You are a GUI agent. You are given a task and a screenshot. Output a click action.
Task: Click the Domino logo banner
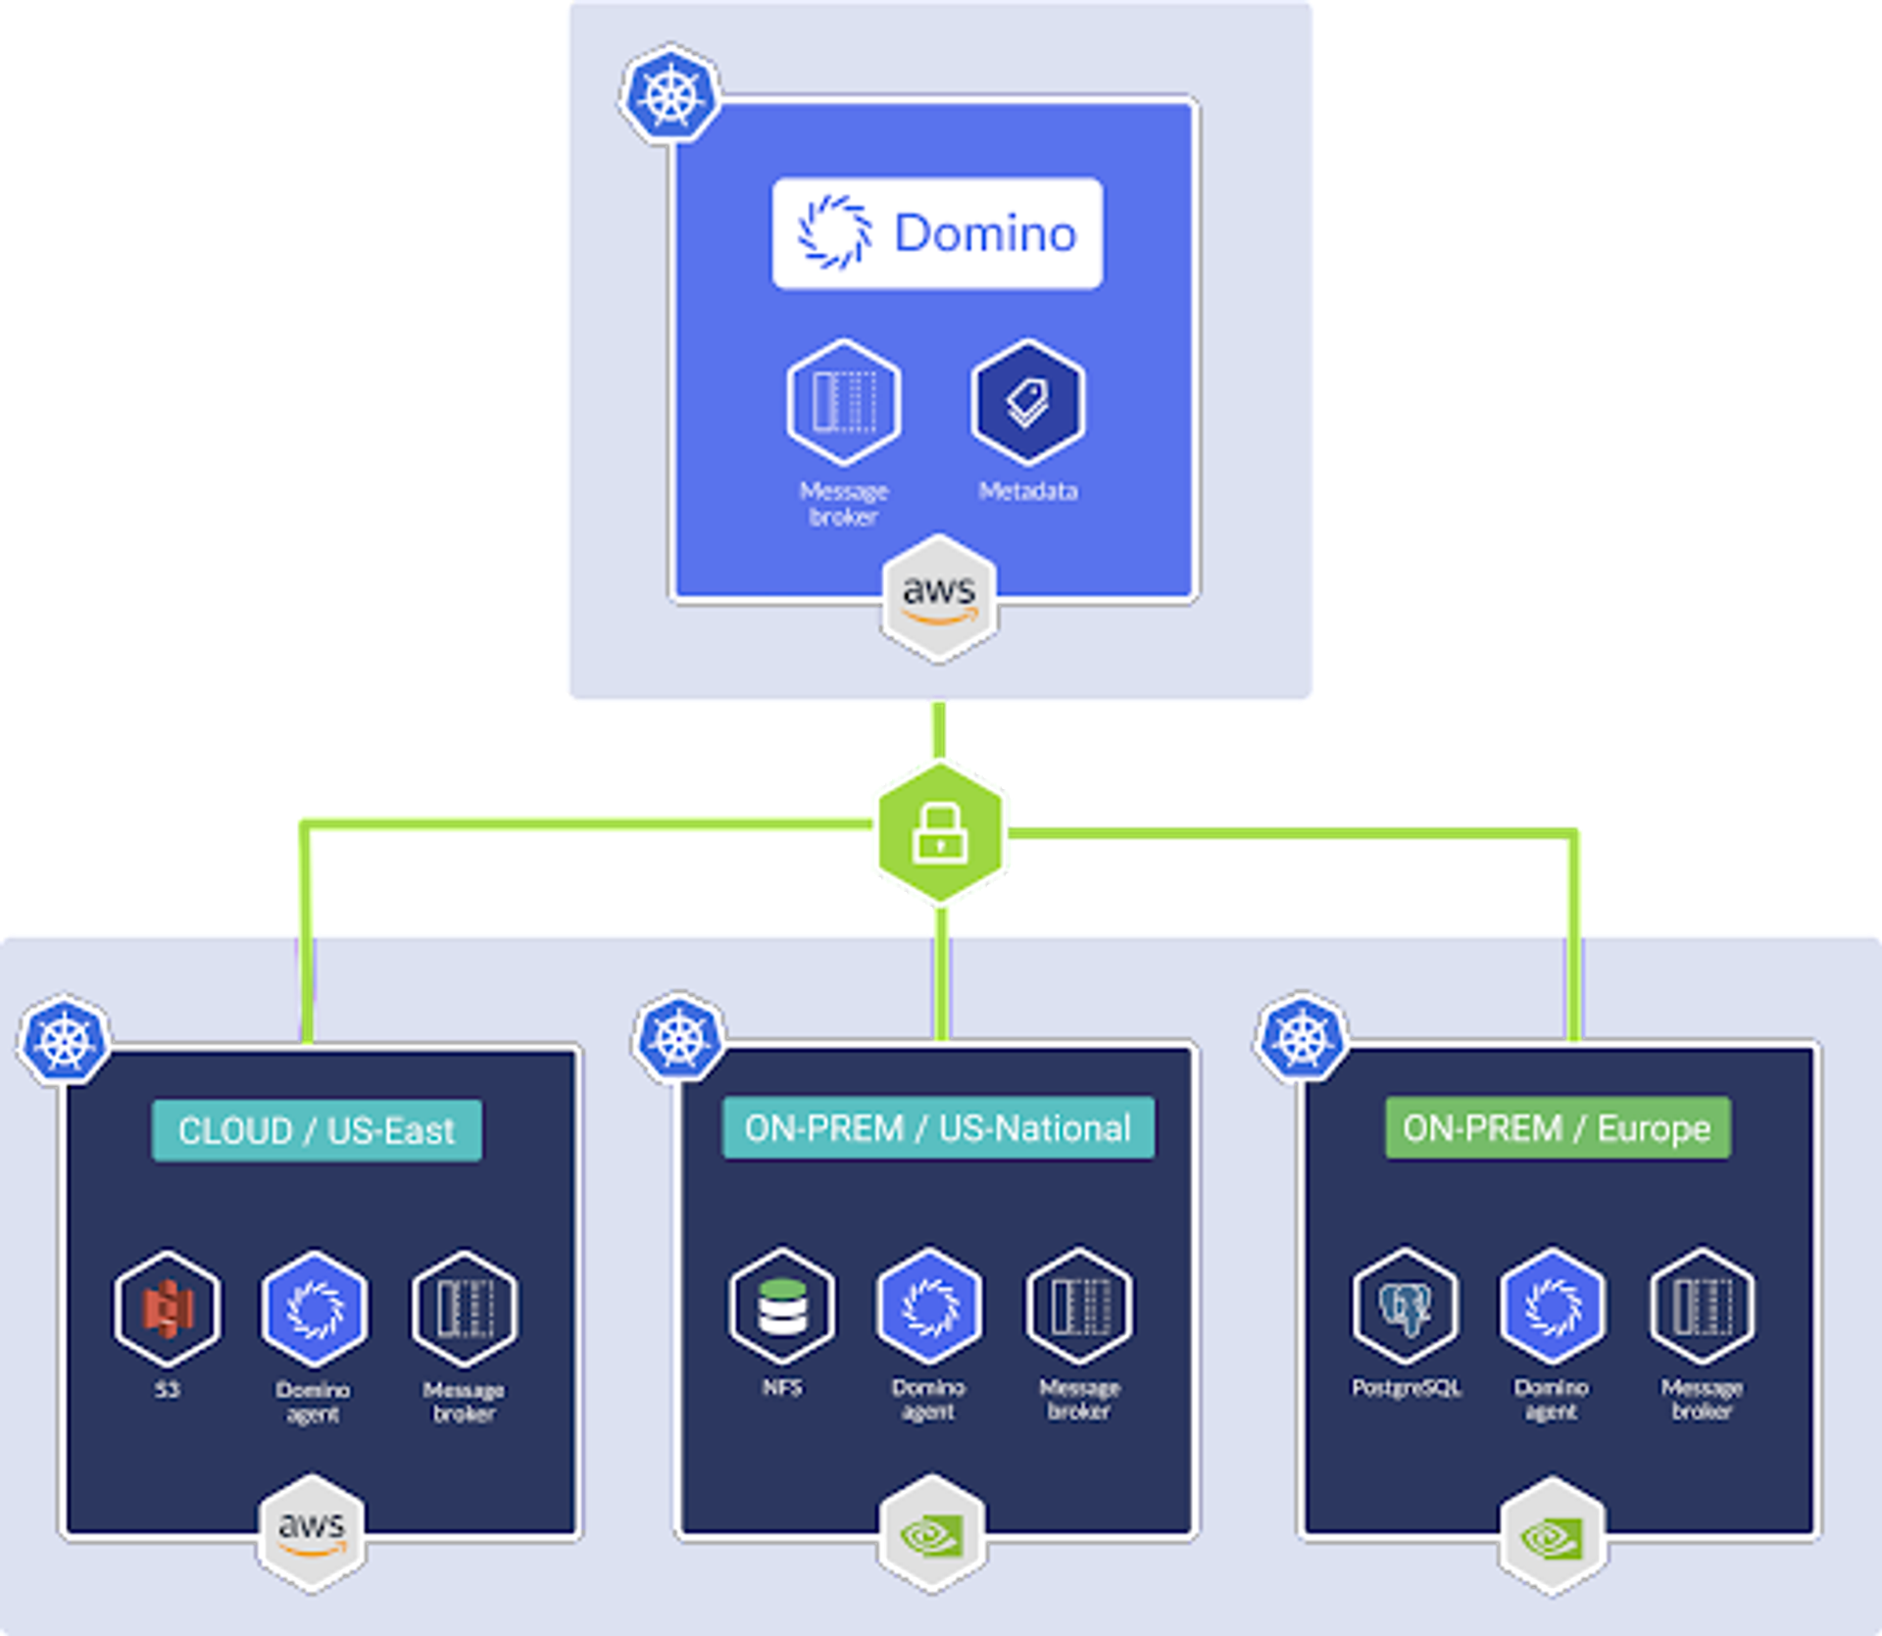coord(937,233)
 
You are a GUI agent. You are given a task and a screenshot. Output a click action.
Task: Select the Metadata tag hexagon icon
coord(1027,402)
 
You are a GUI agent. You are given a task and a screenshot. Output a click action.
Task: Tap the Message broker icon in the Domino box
coord(843,402)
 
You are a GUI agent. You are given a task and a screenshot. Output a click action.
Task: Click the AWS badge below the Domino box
coord(939,598)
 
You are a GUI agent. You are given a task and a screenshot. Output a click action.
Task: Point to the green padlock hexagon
coord(940,832)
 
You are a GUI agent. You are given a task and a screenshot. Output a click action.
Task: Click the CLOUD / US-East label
coord(317,1130)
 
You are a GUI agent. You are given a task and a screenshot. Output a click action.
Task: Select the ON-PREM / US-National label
coord(937,1128)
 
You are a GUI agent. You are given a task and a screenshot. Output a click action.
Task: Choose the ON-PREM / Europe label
coord(1557,1128)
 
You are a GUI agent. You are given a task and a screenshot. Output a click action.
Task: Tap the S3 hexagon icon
coord(167,1308)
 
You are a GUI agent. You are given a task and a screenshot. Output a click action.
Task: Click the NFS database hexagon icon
coord(782,1306)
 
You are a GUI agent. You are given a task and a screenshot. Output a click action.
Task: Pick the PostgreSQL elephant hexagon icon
coord(1405,1306)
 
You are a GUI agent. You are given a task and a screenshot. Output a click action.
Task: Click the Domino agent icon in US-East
coord(315,1308)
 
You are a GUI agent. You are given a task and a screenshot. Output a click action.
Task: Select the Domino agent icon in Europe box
coord(1553,1306)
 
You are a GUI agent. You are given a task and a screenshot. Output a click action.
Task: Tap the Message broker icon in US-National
coord(1079,1306)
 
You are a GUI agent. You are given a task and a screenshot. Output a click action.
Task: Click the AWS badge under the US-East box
coord(312,1532)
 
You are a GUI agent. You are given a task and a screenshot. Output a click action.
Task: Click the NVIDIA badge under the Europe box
coord(1553,1536)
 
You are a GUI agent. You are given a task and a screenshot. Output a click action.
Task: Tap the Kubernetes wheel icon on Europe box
coord(1302,1037)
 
